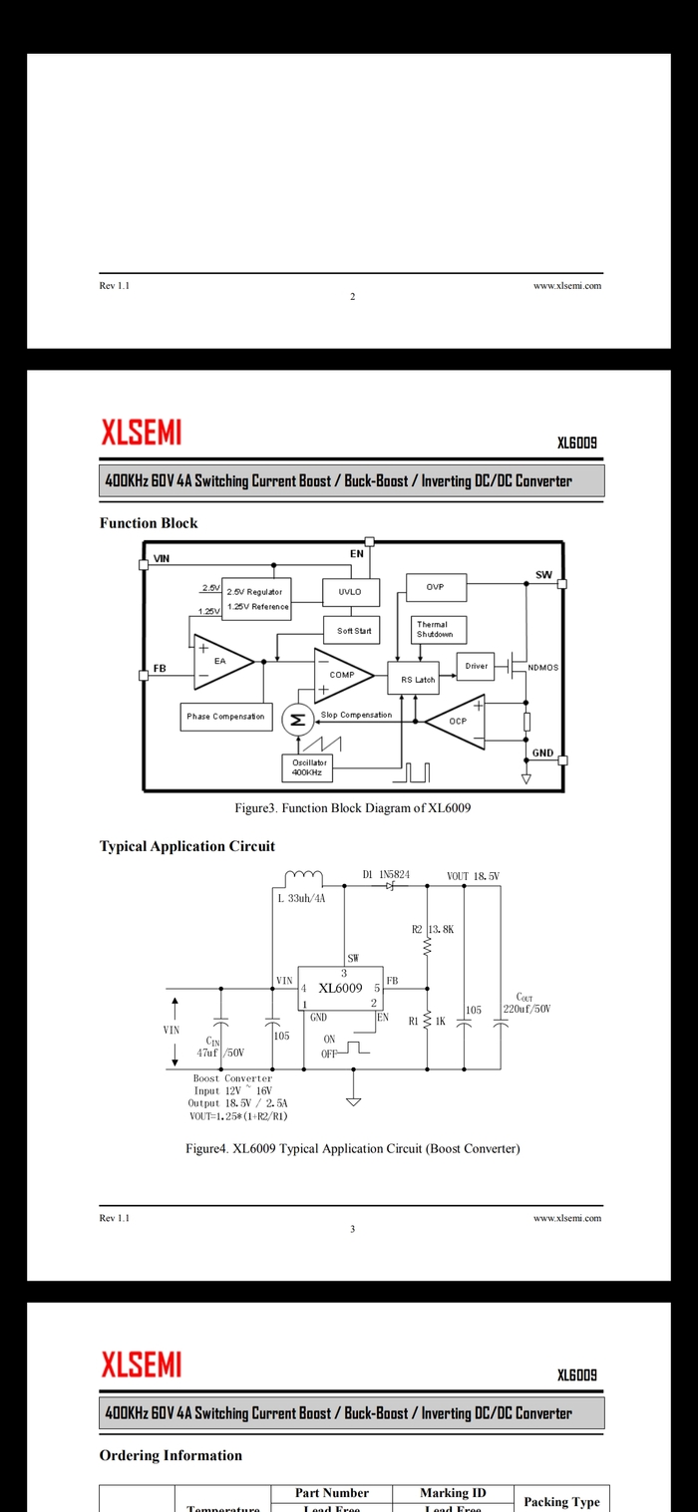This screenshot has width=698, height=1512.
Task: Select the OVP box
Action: click(435, 587)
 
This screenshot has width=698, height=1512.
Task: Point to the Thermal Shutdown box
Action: click(434, 630)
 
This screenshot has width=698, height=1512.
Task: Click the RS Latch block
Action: click(418, 679)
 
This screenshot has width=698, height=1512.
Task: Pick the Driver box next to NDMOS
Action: click(477, 666)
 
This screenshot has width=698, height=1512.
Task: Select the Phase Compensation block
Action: click(226, 716)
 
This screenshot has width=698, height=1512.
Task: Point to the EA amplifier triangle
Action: click(220, 662)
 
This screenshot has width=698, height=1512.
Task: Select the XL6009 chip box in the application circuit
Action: click(341, 989)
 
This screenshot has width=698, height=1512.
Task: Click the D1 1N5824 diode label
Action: click(386, 874)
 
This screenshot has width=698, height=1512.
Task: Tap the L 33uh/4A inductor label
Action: click(300, 898)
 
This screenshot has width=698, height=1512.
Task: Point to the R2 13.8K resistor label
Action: click(433, 929)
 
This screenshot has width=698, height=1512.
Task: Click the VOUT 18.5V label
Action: click(473, 876)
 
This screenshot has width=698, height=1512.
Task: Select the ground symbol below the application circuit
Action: click(353, 1100)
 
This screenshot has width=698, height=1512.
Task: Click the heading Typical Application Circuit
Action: click(186, 846)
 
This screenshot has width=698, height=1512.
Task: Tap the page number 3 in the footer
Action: click(352, 1229)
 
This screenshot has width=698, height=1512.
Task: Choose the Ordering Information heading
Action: click(171, 1455)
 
